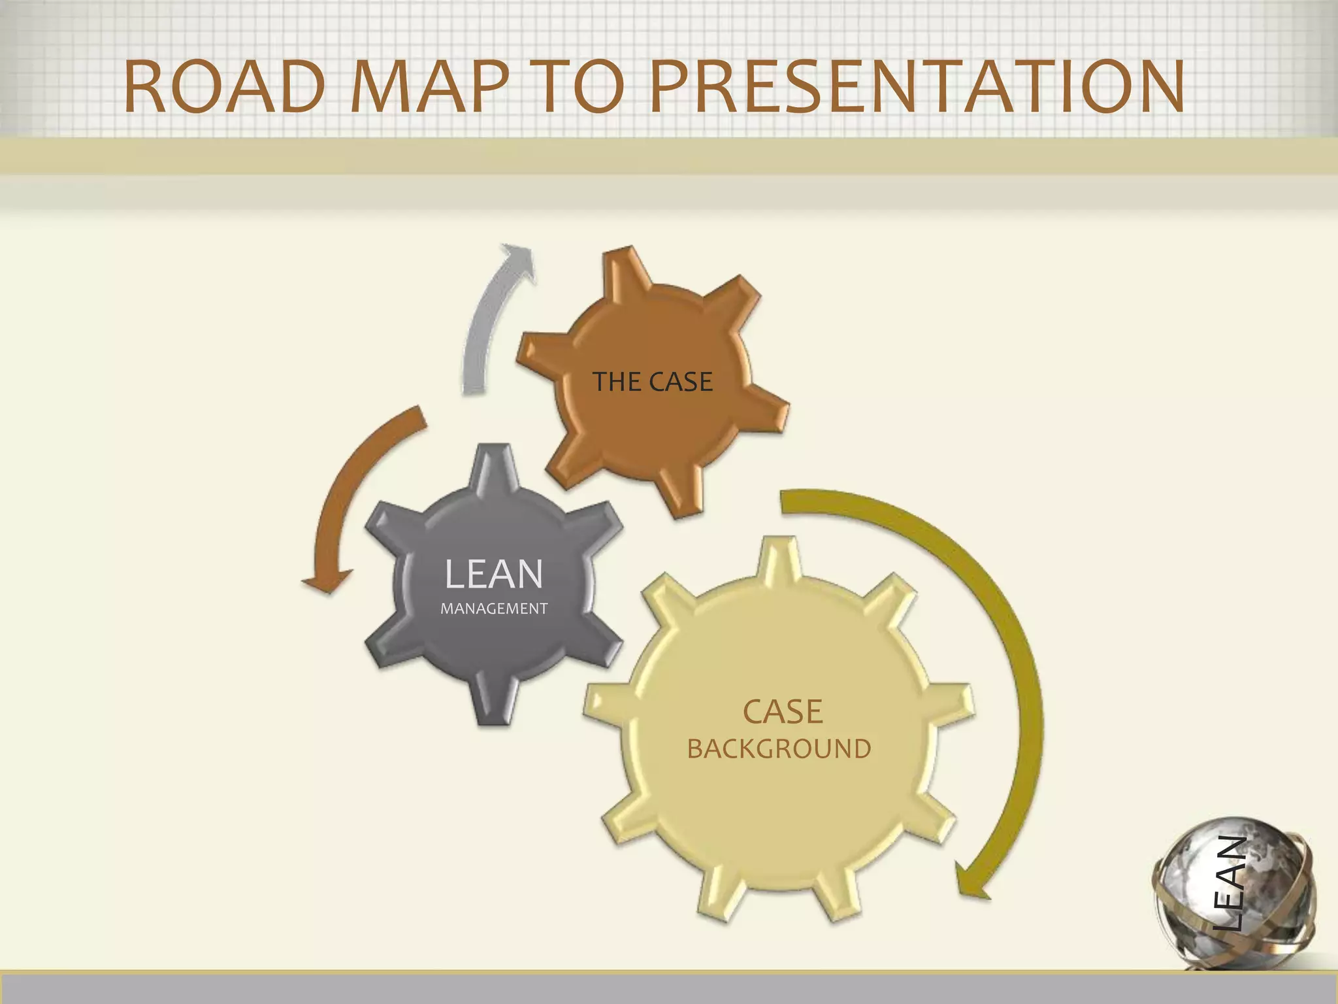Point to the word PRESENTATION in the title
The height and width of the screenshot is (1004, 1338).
(x=916, y=87)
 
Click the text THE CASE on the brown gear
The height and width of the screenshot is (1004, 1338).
(x=652, y=382)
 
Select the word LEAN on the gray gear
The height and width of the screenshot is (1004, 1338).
(x=493, y=574)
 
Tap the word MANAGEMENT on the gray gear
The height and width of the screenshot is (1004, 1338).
(x=494, y=609)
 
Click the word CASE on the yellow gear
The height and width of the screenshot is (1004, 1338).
(x=782, y=712)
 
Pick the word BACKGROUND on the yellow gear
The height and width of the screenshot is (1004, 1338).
(x=779, y=749)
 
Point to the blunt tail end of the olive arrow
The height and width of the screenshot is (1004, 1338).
(x=783, y=501)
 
